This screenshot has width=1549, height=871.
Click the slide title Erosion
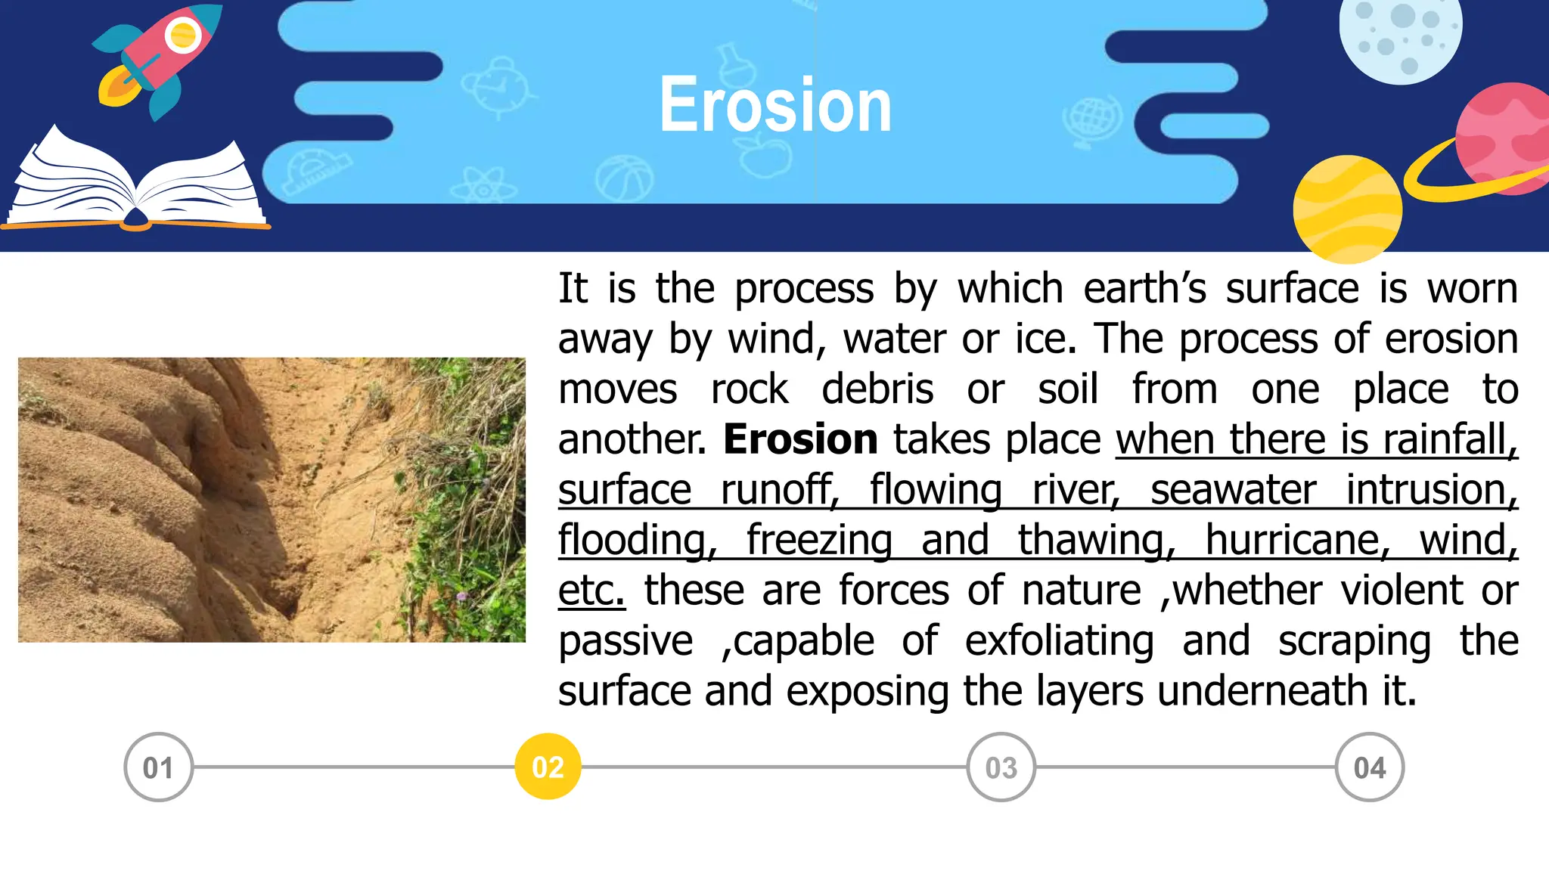775,105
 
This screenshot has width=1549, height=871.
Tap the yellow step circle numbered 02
548,767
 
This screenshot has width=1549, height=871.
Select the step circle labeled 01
158,767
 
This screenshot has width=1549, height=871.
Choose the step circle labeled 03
1001,767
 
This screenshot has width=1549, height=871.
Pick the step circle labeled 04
1369,767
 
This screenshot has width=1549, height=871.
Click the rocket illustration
163,60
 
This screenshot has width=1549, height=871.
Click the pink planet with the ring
1501,140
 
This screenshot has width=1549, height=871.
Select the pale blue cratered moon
1400,34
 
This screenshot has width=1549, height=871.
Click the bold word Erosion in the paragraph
800,439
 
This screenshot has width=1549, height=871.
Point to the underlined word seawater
1233,490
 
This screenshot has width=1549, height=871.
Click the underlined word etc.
591,590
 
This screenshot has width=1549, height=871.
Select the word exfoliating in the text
1059,641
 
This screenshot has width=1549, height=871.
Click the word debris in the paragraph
877,389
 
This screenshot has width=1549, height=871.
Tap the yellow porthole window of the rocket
182,35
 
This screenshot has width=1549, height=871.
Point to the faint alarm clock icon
495,87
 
